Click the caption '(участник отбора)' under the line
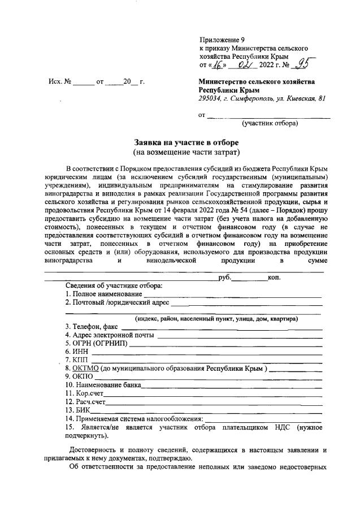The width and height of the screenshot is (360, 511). (x=270, y=123)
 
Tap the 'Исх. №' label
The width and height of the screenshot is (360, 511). (x=59, y=82)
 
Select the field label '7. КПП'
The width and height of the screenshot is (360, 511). (x=77, y=360)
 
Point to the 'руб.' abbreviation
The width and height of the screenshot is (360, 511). (x=224, y=277)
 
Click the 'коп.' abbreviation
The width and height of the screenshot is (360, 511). (x=274, y=277)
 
